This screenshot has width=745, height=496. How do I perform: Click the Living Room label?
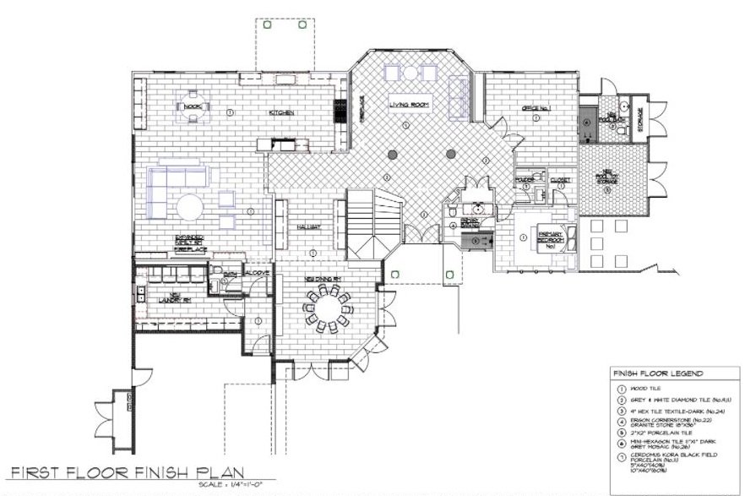point(410,105)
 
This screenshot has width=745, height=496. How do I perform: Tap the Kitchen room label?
point(281,112)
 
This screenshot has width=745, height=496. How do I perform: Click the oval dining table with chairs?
point(330,308)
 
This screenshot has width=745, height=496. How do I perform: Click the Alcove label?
point(256,274)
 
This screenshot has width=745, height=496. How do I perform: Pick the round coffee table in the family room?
point(191,209)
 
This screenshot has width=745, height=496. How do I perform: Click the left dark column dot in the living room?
point(393,155)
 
